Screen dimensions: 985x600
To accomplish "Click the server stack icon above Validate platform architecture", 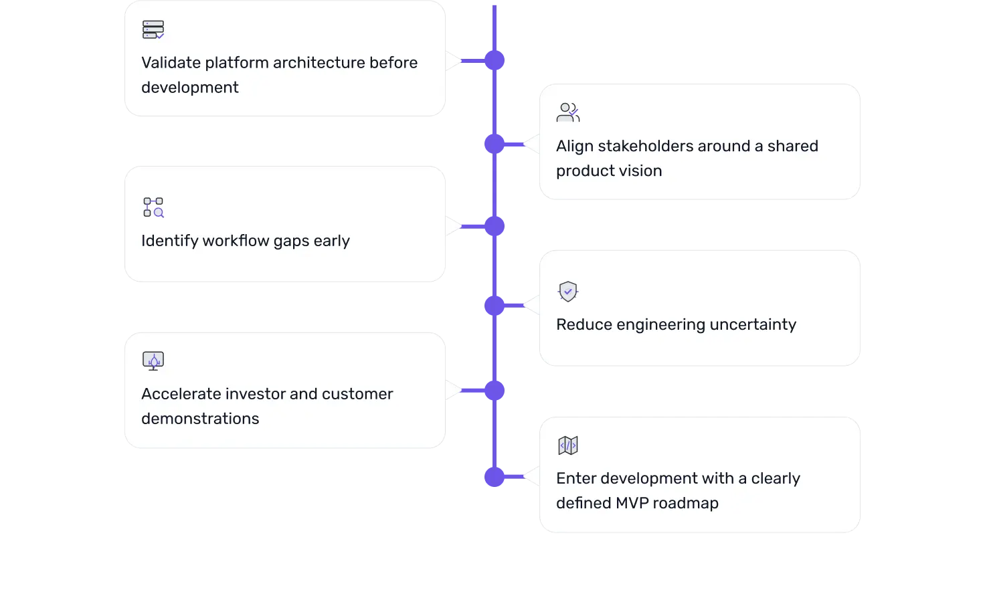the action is pos(153,30).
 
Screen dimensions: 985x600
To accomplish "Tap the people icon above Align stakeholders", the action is pos(567,112).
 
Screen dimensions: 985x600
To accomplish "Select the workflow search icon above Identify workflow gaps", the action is pos(153,207).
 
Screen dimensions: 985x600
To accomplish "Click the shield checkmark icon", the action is pos(567,292).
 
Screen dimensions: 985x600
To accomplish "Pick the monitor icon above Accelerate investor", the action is pos(153,361).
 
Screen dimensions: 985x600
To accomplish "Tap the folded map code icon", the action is pos(567,445).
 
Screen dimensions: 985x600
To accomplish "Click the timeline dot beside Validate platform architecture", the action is pos(495,60).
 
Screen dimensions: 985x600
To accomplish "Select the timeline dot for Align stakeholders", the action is pos(495,144).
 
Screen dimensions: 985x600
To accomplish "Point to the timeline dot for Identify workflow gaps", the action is pos(495,226).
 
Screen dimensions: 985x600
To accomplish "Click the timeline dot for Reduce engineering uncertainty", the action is pos(495,306).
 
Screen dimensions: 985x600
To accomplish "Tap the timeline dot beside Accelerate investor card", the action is pos(495,391).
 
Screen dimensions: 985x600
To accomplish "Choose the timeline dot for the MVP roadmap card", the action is pos(495,476).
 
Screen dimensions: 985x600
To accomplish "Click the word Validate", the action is pos(171,62).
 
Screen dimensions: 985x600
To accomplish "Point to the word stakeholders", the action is pos(646,146).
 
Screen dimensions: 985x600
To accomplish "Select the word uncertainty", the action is pos(753,324).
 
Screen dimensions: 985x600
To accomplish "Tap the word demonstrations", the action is pos(200,419).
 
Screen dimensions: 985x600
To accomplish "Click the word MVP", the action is pos(632,503).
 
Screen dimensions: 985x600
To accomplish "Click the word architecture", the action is pos(319,62).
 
